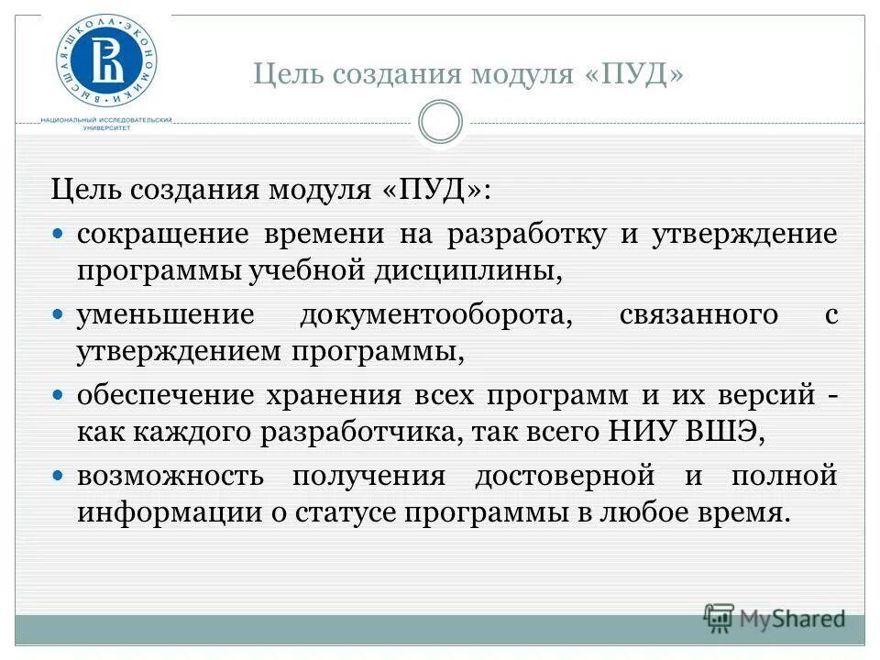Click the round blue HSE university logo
point(106,60)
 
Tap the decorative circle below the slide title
point(440,122)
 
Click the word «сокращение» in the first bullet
point(162,235)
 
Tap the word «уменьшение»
point(165,315)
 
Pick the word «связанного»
point(698,315)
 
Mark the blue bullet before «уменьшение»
point(58,314)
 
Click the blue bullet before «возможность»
point(58,476)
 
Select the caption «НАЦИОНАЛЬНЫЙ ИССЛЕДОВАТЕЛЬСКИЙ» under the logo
point(106,120)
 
